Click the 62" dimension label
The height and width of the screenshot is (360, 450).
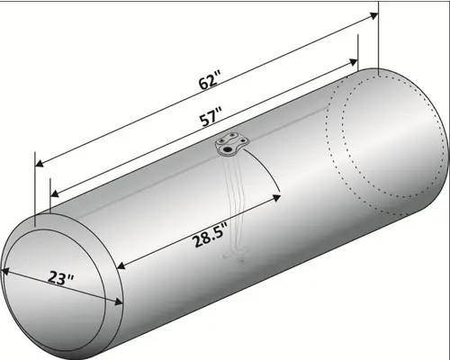tap(210, 80)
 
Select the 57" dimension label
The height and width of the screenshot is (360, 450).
tap(211, 118)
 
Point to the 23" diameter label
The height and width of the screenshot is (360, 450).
tap(60, 278)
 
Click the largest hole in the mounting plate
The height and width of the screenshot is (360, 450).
tap(228, 149)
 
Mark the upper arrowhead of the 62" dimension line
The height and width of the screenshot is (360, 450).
tap(373, 15)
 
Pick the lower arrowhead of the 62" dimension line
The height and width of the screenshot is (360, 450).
tap(40, 164)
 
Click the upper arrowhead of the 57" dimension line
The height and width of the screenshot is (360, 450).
tap(354, 63)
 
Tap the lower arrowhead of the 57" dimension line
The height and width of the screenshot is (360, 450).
tap(55, 194)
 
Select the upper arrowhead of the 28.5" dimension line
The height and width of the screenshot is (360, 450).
tap(276, 198)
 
